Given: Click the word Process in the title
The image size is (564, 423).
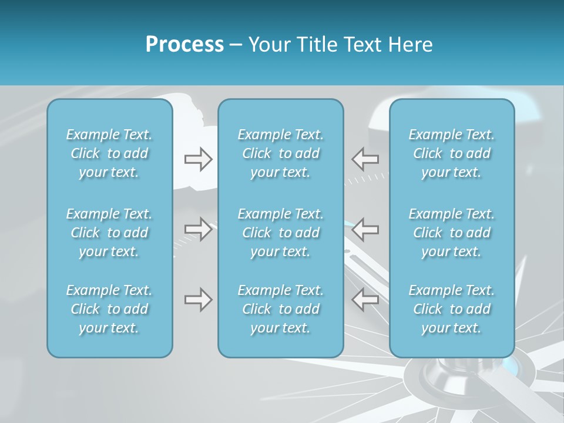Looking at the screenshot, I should (x=184, y=45).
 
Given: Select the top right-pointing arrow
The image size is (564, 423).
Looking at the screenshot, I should (x=199, y=159).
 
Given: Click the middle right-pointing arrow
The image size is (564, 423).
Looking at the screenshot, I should (x=199, y=229).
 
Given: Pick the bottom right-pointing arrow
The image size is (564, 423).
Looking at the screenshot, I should (x=199, y=299).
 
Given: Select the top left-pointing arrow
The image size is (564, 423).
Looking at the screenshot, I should (x=365, y=159).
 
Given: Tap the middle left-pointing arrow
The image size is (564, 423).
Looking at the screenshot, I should (x=365, y=229).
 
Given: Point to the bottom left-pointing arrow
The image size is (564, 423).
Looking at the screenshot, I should (x=365, y=299).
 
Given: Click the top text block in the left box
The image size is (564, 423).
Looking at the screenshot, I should (x=109, y=153).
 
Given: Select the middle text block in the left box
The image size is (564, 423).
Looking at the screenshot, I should (x=109, y=233).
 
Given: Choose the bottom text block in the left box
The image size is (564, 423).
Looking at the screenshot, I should (x=109, y=309).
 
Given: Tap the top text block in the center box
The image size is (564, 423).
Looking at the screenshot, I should (x=280, y=153).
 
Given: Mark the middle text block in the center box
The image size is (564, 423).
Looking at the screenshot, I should (x=280, y=233).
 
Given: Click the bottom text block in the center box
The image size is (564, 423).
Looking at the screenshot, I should (x=280, y=309).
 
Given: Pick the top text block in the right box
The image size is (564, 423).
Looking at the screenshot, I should (x=451, y=153).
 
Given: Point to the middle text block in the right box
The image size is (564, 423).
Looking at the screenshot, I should (x=451, y=233).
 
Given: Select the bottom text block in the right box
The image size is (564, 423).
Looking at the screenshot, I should (x=451, y=309).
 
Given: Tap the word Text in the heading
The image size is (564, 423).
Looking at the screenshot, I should (x=364, y=45).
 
